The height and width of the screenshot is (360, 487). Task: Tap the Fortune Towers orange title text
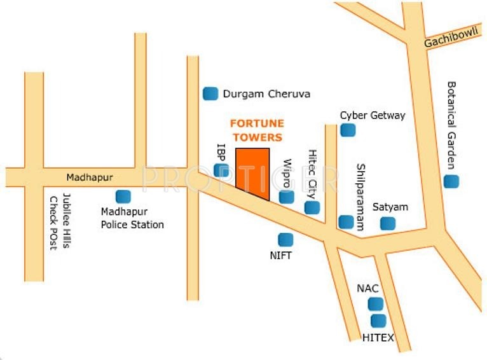coord(257,130)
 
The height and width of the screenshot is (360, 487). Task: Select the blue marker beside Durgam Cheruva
coord(210,93)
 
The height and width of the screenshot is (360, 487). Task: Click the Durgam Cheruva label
coord(266,94)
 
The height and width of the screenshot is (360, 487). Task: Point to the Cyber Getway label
coord(372,116)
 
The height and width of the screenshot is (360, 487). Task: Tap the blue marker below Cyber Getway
coord(347,130)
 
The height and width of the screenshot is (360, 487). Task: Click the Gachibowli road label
coord(450,39)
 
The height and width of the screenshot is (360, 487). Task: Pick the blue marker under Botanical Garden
coord(451,181)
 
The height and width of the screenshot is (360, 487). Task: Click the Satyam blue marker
coord(387,223)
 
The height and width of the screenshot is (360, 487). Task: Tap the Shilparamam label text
coord(360,197)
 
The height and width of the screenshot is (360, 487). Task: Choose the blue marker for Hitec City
coord(312,207)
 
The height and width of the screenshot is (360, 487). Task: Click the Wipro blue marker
coord(287,197)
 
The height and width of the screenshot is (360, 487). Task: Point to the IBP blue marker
coord(221,170)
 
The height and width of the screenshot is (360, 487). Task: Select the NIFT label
coord(280,255)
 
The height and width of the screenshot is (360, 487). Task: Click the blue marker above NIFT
coord(285,240)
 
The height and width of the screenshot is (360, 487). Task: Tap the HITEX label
coord(378,337)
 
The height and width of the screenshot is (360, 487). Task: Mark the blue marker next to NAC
coord(376,304)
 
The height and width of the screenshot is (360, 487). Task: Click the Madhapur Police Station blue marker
coord(123,197)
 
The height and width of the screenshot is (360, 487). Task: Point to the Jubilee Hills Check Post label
coord(60,222)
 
